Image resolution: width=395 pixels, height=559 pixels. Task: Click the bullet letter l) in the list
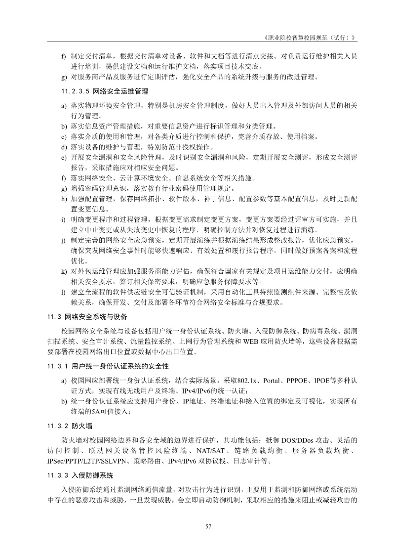[x=63, y=292]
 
